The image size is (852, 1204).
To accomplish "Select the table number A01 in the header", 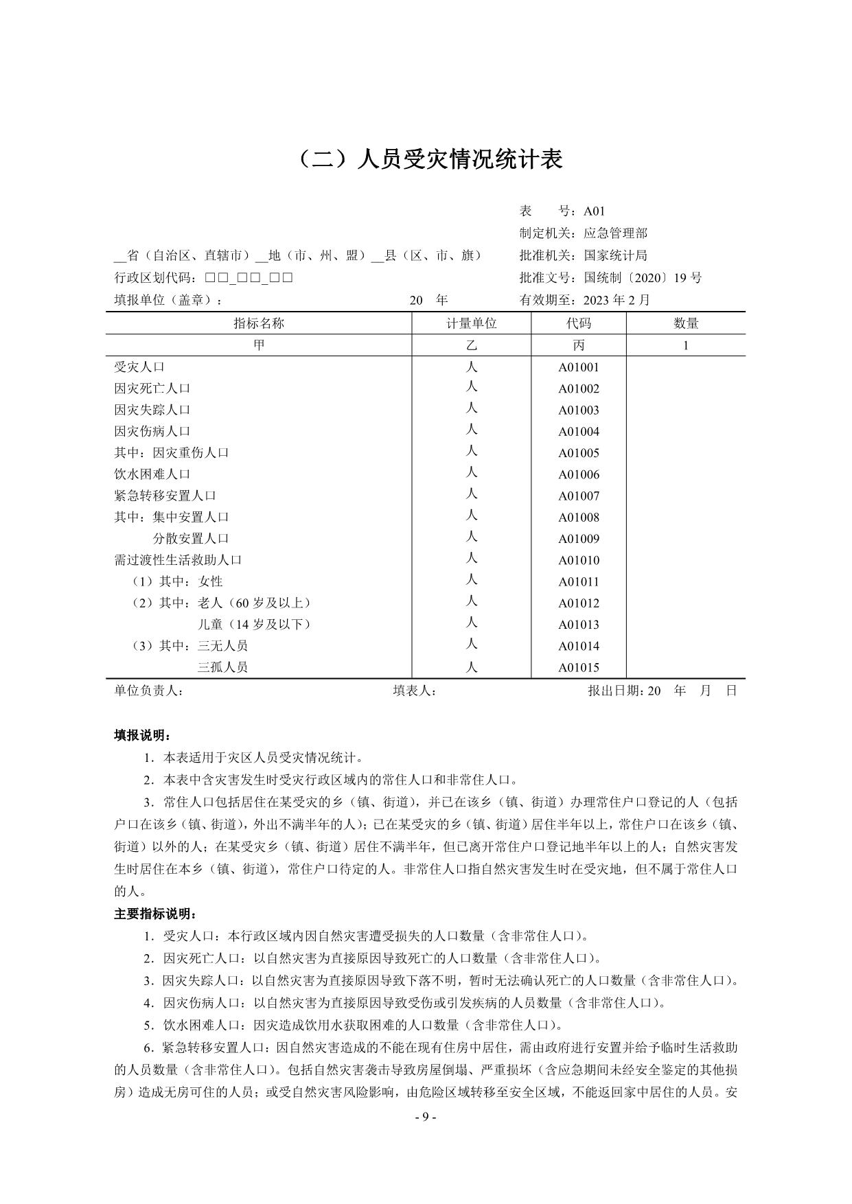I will pyautogui.click(x=595, y=211).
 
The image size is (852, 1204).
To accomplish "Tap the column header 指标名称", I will pyautogui.click(x=259, y=323).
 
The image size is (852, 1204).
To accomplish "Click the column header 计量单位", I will pyautogui.click(x=472, y=323).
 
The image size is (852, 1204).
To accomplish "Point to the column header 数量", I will pyautogui.click(x=685, y=323).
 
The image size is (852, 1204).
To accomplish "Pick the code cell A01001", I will pyautogui.click(x=578, y=367).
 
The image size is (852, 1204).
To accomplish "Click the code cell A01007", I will pyautogui.click(x=578, y=496).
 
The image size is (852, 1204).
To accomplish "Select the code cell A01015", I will pyautogui.click(x=578, y=668).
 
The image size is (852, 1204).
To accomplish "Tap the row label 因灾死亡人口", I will pyautogui.click(x=152, y=389).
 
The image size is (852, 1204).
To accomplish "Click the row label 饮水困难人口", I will pyautogui.click(x=152, y=474).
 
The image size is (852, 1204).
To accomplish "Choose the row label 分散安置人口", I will pyautogui.click(x=191, y=539).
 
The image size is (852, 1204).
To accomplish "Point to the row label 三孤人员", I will pyautogui.click(x=222, y=667).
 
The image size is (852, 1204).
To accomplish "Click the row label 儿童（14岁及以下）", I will pyautogui.click(x=254, y=625).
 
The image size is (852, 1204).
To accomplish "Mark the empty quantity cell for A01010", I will pyautogui.click(x=685, y=561).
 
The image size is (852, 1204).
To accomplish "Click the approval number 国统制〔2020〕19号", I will pyautogui.click(x=643, y=278).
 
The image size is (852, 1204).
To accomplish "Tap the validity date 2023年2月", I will pyautogui.click(x=616, y=300).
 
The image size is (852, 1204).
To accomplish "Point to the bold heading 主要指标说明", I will pyautogui.click(x=156, y=914).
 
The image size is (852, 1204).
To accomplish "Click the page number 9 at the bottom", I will pyautogui.click(x=426, y=1117).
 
